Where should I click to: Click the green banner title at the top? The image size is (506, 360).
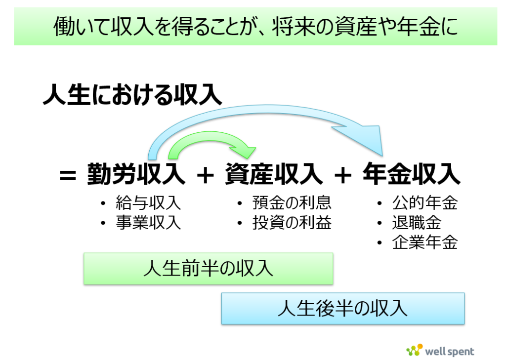(x=255, y=27)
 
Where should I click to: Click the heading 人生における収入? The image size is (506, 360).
(x=132, y=95)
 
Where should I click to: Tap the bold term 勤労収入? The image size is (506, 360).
(x=136, y=174)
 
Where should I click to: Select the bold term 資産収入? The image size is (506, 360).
(x=274, y=174)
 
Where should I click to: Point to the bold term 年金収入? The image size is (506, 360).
(x=412, y=174)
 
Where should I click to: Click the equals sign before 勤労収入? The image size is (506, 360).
(x=68, y=176)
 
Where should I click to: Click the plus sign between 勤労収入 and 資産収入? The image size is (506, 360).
(x=205, y=176)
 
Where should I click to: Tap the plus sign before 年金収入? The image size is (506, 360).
(x=343, y=176)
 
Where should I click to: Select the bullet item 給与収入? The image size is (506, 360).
(x=148, y=203)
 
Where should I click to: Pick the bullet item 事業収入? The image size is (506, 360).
(x=148, y=223)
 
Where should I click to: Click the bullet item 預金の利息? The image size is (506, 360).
(x=292, y=203)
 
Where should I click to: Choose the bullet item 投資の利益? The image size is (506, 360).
(x=292, y=223)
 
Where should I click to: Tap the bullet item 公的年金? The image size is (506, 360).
(x=425, y=203)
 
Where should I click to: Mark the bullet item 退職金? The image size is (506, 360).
(x=417, y=223)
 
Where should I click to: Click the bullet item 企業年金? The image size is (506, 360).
(x=425, y=242)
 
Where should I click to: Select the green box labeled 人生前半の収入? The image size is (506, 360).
(x=208, y=268)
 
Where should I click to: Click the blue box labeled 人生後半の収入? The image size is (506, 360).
(x=343, y=308)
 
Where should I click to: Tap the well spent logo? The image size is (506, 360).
(x=440, y=351)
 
